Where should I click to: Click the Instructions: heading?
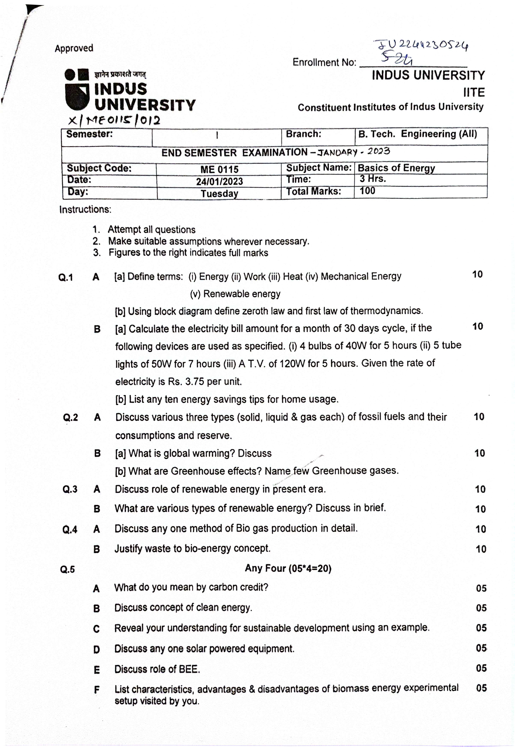85,210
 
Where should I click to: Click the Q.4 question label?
70,530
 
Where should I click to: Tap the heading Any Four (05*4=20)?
288,568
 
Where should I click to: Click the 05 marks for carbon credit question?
481,588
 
